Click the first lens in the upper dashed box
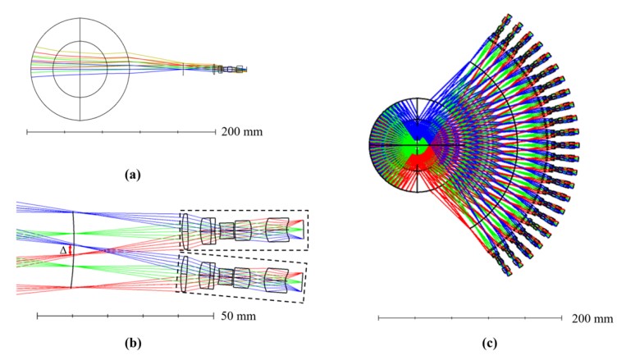click(186, 230)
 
